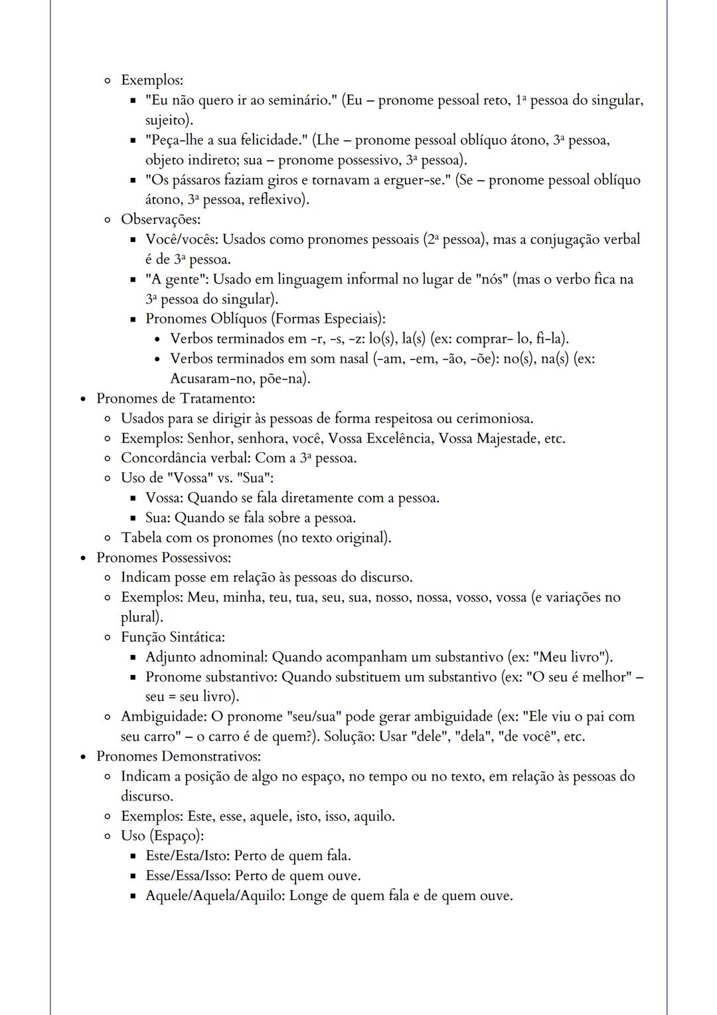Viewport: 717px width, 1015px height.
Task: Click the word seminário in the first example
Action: [x=300, y=100]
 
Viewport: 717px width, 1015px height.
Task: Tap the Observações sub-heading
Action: [x=160, y=219]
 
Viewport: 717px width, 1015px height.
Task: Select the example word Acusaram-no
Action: [x=208, y=379]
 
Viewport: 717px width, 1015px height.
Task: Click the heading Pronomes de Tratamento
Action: [x=175, y=399]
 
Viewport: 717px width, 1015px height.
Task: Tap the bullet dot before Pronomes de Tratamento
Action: [x=83, y=399]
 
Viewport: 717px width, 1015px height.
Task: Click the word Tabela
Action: [x=141, y=537]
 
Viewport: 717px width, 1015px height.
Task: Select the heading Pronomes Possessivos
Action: [x=163, y=557]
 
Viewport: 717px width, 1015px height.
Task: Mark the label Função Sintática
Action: [x=173, y=637]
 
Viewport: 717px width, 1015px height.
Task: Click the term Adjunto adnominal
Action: [x=206, y=657]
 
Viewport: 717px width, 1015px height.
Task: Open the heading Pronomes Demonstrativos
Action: [x=178, y=757]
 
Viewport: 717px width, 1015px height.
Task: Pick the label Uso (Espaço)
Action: [x=162, y=836]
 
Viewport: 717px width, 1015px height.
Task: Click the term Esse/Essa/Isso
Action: [x=187, y=876]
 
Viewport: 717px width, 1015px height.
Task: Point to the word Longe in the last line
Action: [x=309, y=895]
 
